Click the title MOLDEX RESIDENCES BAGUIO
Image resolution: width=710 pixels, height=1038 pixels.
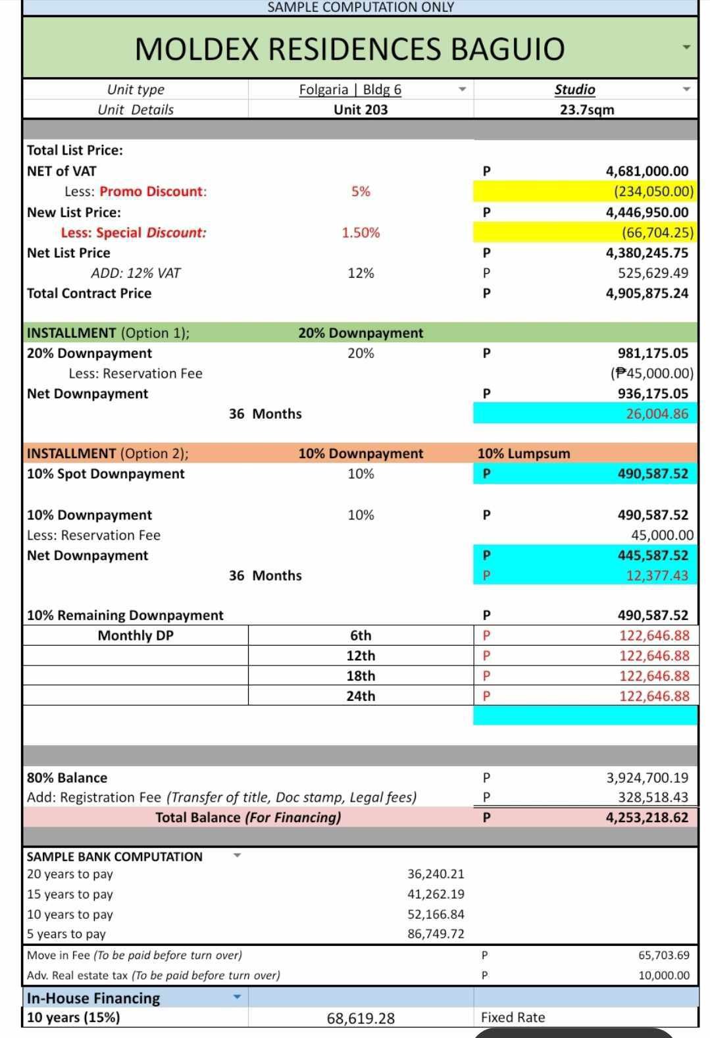coord(349,49)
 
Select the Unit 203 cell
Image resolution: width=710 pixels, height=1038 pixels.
coord(361,110)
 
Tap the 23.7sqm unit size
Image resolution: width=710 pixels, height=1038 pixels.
coord(587,110)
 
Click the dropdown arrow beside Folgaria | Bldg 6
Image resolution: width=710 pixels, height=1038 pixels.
coord(462,90)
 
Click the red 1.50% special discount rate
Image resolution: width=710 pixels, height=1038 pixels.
coord(361,232)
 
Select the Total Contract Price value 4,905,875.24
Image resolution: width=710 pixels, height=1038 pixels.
coord(647,294)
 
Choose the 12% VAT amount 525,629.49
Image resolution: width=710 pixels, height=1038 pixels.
coord(653,273)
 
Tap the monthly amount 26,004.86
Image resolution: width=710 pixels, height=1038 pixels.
coord(657,414)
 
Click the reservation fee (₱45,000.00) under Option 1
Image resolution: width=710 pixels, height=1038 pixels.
coord(651,374)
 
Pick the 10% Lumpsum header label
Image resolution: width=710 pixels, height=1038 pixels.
coord(524,454)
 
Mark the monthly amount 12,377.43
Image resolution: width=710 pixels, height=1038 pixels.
coord(657,576)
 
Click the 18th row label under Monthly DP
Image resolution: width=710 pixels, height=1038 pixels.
coord(361,676)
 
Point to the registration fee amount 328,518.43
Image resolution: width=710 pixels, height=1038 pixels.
coord(653,798)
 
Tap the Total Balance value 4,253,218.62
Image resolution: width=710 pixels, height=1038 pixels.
coord(647,818)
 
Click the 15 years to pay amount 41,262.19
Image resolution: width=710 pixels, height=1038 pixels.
coord(436,895)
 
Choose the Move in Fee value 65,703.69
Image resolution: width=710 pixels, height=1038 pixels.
coord(663,955)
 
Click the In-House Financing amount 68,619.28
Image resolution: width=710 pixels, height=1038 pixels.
coord(361,1019)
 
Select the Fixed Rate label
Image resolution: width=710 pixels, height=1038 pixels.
coord(513,1018)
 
